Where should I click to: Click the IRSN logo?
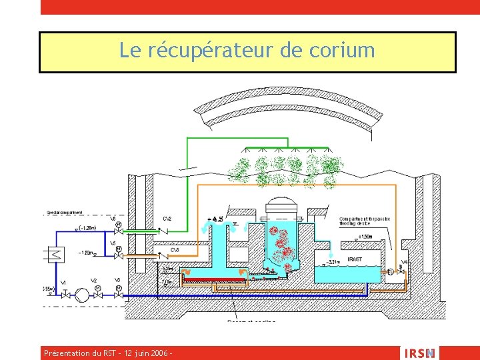click(x=419, y=353)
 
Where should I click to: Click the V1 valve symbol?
click(x=65, y=293)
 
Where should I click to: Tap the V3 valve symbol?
click(x=117, y=293)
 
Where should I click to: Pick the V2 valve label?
click(x=94, y=281)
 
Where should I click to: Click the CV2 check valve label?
click(x=167, y=219)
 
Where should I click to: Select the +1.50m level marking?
click(x=365, y=236)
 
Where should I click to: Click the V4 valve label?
click(x=405, y=262)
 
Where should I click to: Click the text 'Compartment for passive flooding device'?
click(x=365, y=221)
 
